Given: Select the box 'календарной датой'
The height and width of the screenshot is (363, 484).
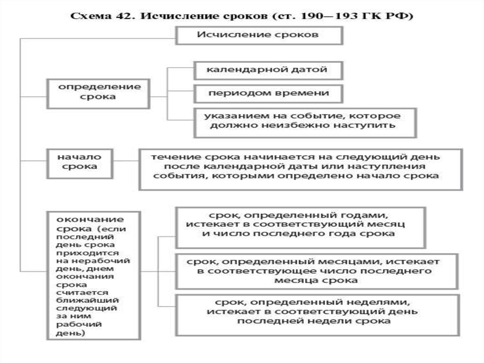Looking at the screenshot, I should point(268,70).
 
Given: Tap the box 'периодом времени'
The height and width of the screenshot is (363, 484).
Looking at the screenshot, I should point(268,93).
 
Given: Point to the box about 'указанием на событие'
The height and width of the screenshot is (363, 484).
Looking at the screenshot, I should point(304,122).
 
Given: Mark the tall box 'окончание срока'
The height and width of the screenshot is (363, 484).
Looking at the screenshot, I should point(93,275).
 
